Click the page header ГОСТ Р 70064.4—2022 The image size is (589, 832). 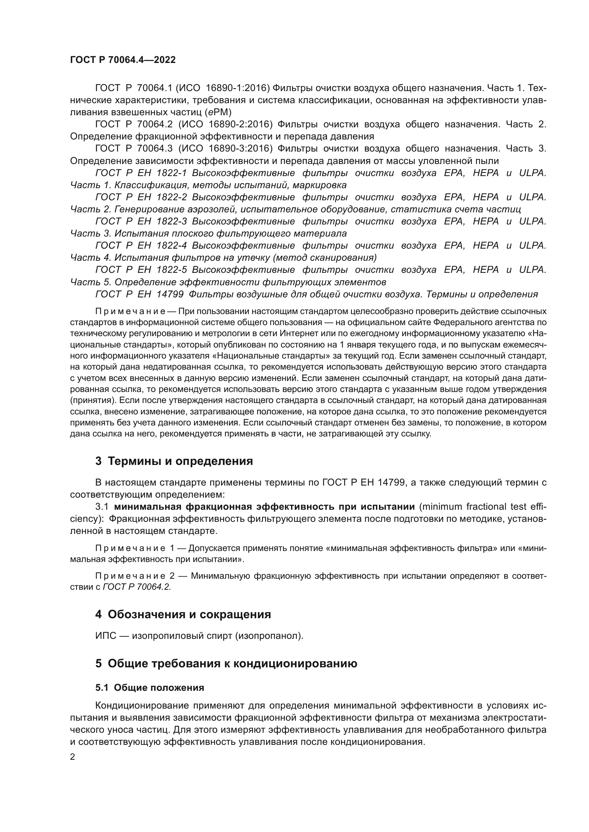(x=123, y=60)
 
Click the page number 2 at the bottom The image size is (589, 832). (x=73, y=757)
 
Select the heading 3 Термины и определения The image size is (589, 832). (x=174, y=461)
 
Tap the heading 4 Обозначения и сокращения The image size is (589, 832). (x=183, y=614)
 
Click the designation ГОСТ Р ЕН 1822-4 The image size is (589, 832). (x=141, y=246)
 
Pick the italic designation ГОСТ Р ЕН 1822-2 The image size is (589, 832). (x=141, y=197)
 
